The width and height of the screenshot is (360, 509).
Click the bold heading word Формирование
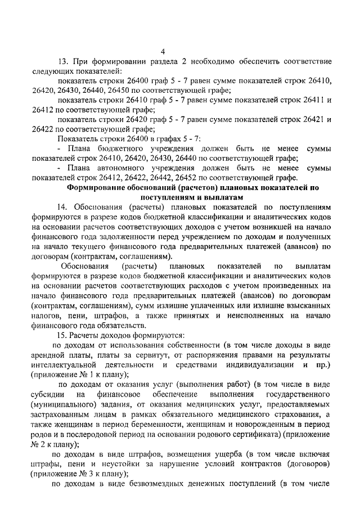[97, 187]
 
